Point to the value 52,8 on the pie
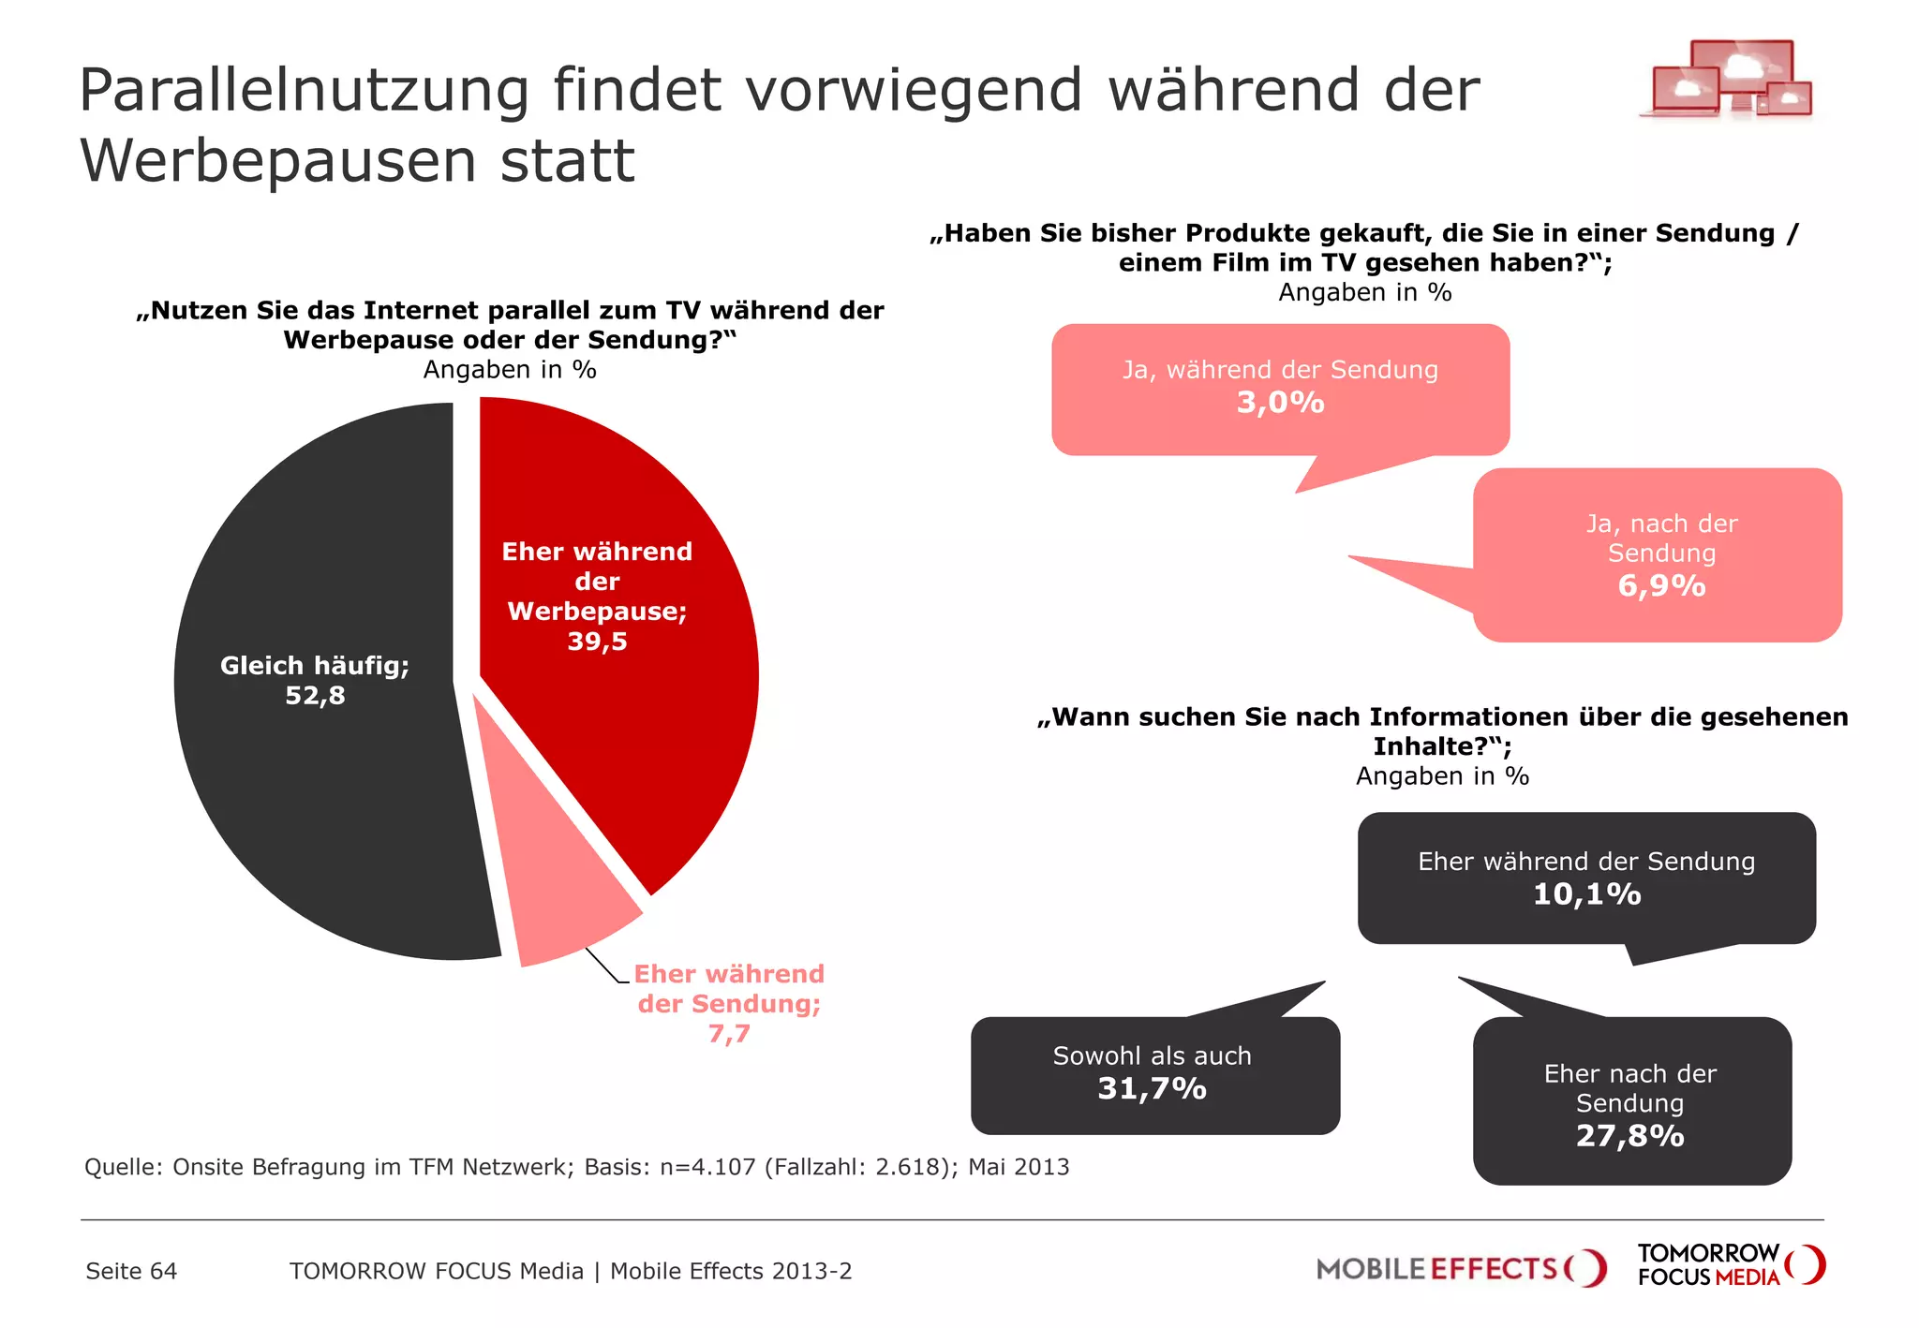tap(315, 696)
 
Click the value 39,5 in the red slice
tap(597, 642)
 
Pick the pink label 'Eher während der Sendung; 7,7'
tap(729, 1003)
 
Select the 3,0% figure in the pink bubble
tap(1280, 403)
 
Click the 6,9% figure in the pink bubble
tap(1661, 586)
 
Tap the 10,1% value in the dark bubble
tap(1586, 894)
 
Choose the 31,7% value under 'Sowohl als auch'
tap(1152, 1089)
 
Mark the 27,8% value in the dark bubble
tap(1629, 1136)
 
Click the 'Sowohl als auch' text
tap(1152, 1055)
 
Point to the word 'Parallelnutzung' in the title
tap(305, 92)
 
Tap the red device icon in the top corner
tap(1729, 80)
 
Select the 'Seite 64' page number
tap(131, 1271)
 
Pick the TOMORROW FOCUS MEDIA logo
tap(1730, 1265)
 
